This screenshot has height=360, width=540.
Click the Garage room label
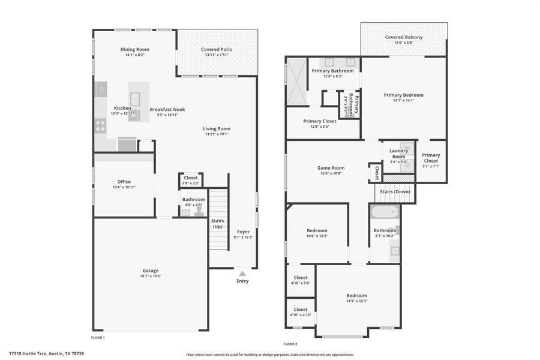click(151, 270)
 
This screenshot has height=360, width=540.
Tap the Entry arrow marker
click(242, 274)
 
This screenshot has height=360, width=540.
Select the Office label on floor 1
click(124, 182)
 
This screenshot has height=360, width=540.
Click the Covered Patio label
click(217, 49)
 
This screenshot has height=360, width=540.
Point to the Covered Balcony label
click(403, 37)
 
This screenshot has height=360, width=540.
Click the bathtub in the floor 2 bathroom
click(385, 212)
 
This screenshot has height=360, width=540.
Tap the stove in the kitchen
click(100, 125)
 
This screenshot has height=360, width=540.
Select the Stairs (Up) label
click(217, 224)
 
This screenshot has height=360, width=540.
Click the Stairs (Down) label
click(395, 192)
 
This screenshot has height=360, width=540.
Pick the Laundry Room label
click(398, 154)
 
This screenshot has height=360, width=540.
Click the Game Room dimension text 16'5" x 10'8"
click(331, 173)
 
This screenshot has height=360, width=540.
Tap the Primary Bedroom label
click(403, 95)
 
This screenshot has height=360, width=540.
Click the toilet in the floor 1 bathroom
click(199, 212)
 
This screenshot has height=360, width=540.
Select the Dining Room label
click(134, 49)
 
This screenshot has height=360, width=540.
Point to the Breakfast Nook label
click(167, 109)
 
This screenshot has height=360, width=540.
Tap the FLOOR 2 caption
click(290, 344)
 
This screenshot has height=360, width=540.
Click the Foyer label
click(243, 232)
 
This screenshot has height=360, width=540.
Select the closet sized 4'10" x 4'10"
click(300, 312)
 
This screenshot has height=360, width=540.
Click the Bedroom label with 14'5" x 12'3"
click(356, 295)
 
